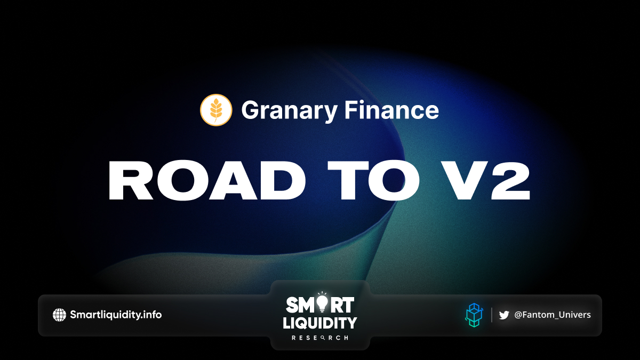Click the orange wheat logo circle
click(x=216, y=110)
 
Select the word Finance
click(x=391, y=109)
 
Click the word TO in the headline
click(x=373, y=181)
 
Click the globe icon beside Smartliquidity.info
click(x=59, y=315)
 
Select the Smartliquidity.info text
click(x=116, y=315)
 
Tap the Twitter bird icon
click(x=504, y=315)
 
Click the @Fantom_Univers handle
click(x=553, y=315)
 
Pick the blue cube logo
click(x=474, y=315)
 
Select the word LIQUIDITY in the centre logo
click(x=320, y=323)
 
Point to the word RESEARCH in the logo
click(x=320, y=338)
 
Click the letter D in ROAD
click(x=281, y=181)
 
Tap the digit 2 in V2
click(x=510, y=181)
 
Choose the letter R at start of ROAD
click(x=130, y=181)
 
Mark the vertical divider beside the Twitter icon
click(x=492, y=315)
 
